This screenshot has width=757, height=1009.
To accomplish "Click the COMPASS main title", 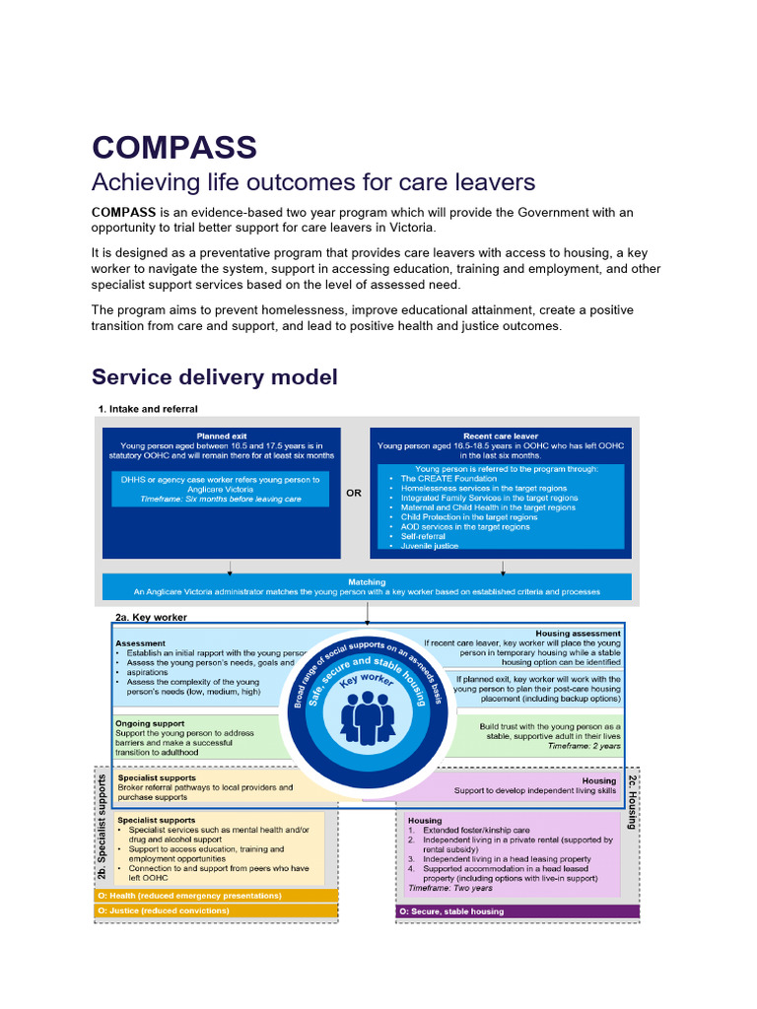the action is (174, 147).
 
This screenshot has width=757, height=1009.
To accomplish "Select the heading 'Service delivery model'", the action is (214, 376).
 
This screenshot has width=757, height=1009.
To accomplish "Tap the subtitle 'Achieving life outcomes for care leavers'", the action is (312, 182).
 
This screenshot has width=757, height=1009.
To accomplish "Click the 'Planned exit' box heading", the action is (221, 435).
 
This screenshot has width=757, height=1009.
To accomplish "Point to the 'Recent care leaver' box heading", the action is (501, 435).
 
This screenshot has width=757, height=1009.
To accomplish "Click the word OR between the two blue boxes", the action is (354, 494).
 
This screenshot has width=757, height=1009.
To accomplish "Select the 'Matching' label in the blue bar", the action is (367, 581).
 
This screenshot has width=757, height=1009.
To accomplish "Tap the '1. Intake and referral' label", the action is (147, 408).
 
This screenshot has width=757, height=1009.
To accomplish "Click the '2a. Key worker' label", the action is (151, 617).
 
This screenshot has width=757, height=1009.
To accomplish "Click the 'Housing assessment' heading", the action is (578, 634).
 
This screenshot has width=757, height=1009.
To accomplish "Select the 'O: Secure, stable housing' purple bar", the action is (517, 911).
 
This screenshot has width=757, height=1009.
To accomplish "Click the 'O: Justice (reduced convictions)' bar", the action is (216, 911).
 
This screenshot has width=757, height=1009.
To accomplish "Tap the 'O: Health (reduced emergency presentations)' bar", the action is (216, 896).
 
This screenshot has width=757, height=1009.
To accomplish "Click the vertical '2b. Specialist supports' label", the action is (103, 826).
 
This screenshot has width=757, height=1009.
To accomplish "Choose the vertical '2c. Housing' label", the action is (632, 802).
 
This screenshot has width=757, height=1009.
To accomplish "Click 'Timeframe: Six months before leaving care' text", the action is (220, 500).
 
